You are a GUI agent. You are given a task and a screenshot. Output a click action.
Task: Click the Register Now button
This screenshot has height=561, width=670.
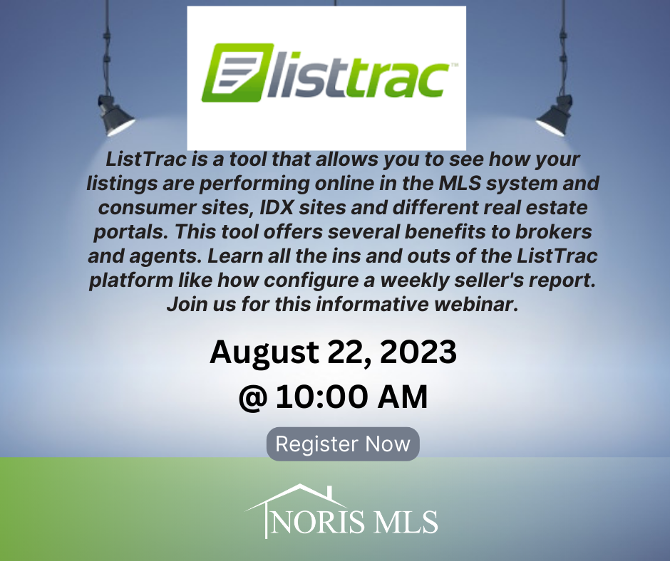(x=343, y=444)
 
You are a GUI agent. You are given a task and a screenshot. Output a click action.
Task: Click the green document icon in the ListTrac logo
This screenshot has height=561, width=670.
(x=237, y=73)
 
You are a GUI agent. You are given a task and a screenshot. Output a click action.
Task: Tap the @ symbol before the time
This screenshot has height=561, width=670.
(x=253, y=398)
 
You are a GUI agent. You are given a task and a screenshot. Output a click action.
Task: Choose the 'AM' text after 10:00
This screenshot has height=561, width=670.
(x=403, y=397)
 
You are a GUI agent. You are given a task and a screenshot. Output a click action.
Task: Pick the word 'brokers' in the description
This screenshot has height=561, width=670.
(x=553, y=232)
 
